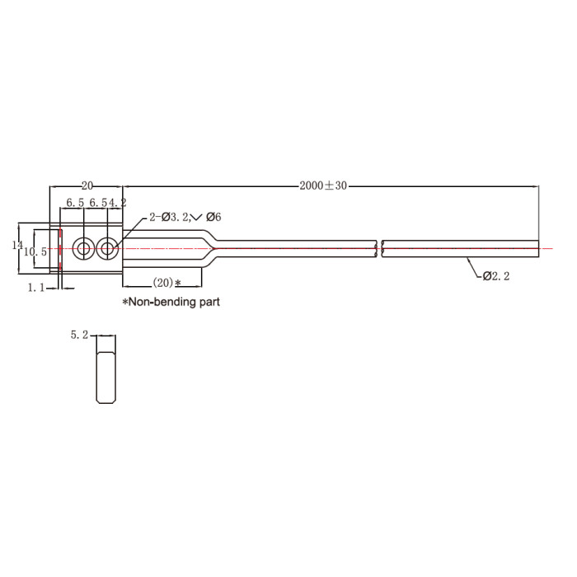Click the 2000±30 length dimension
pyautogui.click(x=323, y=185)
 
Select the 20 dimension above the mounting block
pyautogui.click(x=87, y=185)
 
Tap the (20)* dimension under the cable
pyautogui.click(x=167, y=283)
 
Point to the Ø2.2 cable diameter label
pyautogui.click(x=496, y=276)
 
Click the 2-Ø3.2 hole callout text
pyautogui.click(x=169, y=217)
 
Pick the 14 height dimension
pyautogui.click(x=17, y=245)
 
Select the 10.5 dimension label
pyautogui.click(x=35, y=252)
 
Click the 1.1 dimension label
pyautogui.click(x=36, y=288)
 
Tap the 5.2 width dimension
pyautogui.click(x=79, y=335)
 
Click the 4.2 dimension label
pyautogui.click(x=117, y=203)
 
